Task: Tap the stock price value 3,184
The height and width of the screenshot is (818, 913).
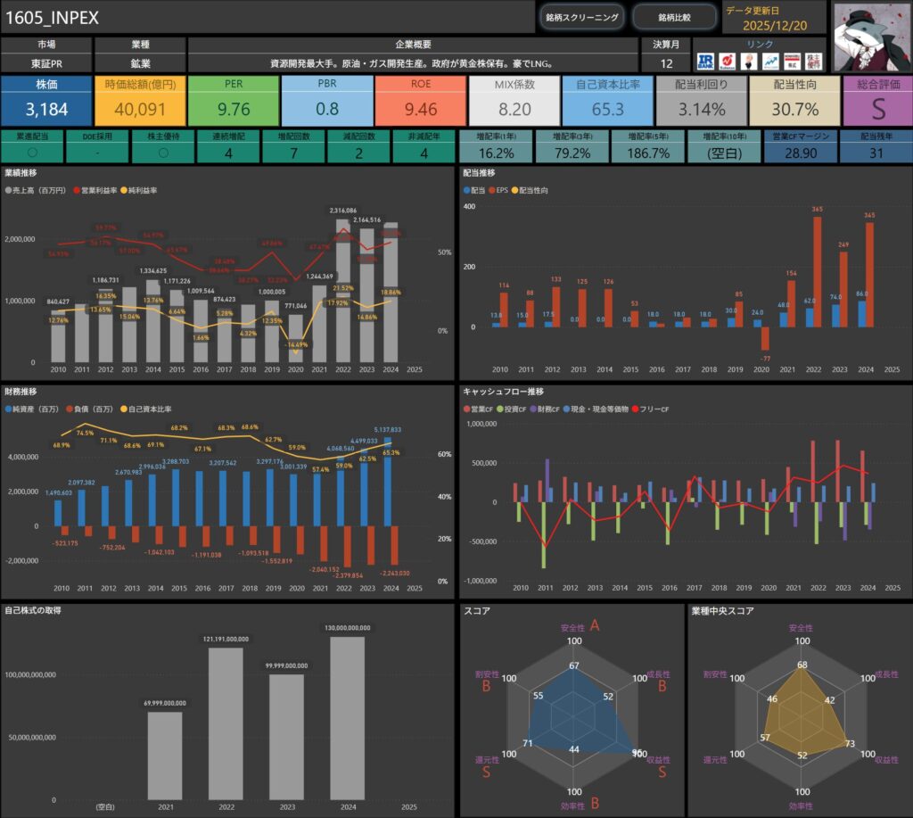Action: (46, 111)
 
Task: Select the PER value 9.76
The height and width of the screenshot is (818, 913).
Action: (233, 111)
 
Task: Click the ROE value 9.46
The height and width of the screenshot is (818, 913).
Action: (420, 111)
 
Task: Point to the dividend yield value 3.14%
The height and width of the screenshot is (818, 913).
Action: (701, 111)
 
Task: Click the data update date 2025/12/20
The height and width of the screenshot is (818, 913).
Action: (774, 26)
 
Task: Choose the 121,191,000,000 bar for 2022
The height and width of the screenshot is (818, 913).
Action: (226, 723)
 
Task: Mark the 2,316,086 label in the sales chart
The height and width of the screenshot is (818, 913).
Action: (343, 211)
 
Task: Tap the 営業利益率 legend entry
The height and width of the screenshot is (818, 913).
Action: (106, 191)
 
